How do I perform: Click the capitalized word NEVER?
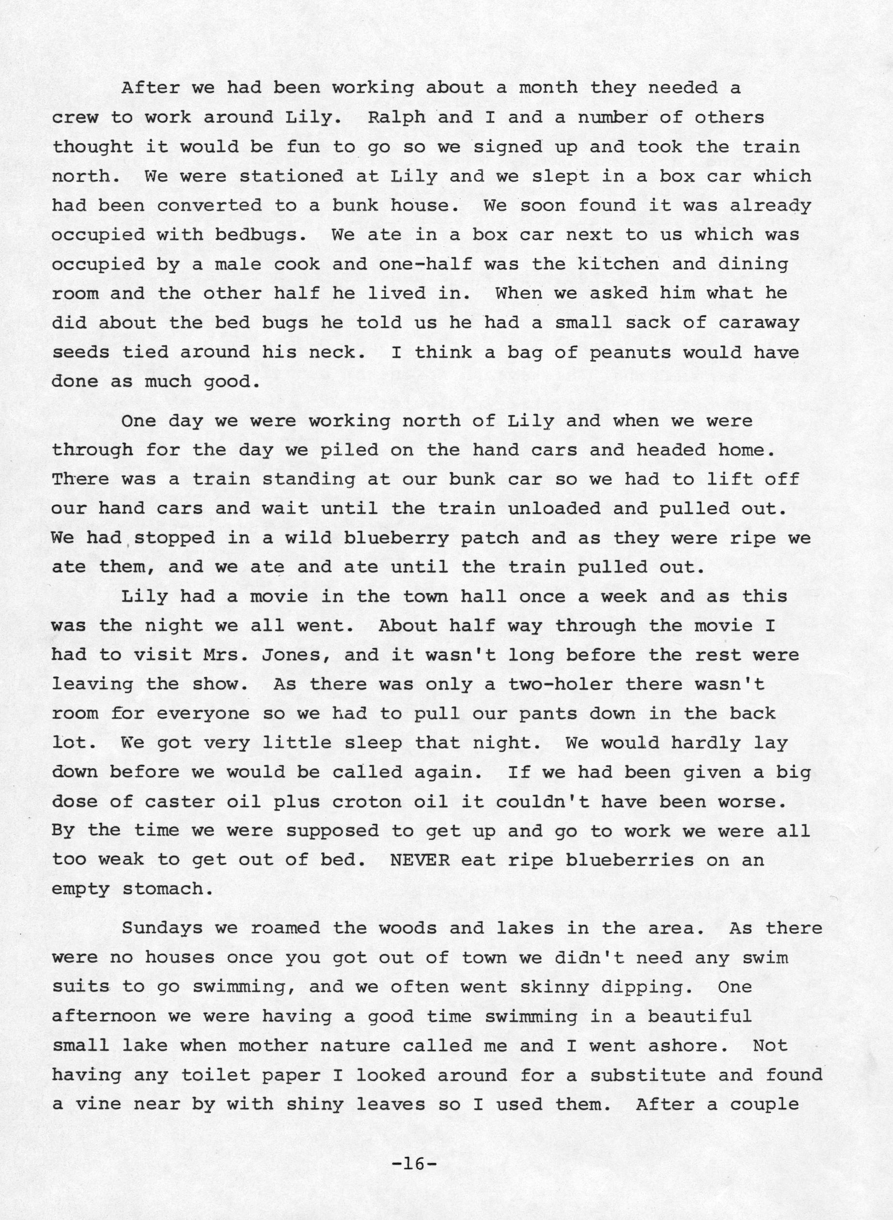(x=420, y=860)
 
